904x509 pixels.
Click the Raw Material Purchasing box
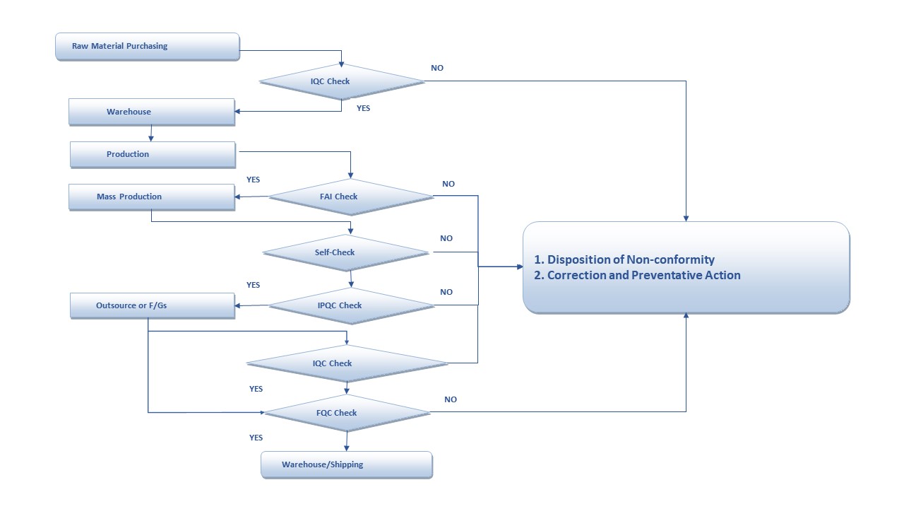(147, 47)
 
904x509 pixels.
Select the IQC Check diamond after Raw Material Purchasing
(342, 81)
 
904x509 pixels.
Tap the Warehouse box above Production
(151, 112)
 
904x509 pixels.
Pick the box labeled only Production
(152, 154)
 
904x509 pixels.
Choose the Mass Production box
(151, 197)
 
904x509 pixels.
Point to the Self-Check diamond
(345, 252)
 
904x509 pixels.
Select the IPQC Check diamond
(351, 305)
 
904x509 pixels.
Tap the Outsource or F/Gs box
(152, 305)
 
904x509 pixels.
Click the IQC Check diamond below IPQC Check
(347, 363)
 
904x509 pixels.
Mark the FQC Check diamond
(346, 413)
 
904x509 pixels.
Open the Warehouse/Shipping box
(346, 464)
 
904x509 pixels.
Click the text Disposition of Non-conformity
(631, 259)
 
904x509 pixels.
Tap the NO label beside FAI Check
(448, 184)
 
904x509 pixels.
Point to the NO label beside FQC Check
(451, 399)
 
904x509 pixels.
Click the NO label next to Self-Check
(446, 238)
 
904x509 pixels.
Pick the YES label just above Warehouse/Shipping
(256, 438)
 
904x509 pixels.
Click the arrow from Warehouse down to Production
(151, 134)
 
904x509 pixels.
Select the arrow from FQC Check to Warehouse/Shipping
(346, 442)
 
